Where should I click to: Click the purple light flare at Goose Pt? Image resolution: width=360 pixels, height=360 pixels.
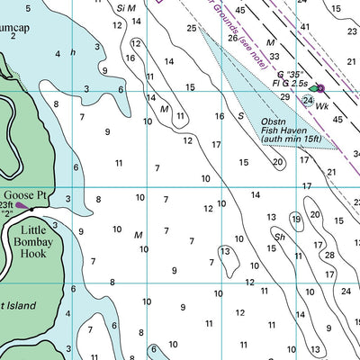click(x=22, y=206)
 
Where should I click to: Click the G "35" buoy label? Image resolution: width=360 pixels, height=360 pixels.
click(x=292, y=73)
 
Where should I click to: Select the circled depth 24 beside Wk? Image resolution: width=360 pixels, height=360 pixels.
click(x=308, y=100)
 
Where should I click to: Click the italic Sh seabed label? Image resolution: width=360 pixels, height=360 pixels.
click(x=280, y=238)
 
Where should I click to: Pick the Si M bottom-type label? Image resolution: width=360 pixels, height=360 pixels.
click(x=126, y=7)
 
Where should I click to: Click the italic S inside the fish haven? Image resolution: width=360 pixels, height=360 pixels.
click(x=240, y=115)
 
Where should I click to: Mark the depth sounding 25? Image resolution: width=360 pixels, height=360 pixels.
click(x=192, y=29)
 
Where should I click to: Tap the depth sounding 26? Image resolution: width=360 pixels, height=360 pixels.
click(x=233, y=38)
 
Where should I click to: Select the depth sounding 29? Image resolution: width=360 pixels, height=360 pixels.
click(x=284, y=96)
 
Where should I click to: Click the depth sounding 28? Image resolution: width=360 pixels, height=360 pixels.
click(x=329, y=256)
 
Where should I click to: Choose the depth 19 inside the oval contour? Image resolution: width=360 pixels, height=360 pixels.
click(x=295, y=219)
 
